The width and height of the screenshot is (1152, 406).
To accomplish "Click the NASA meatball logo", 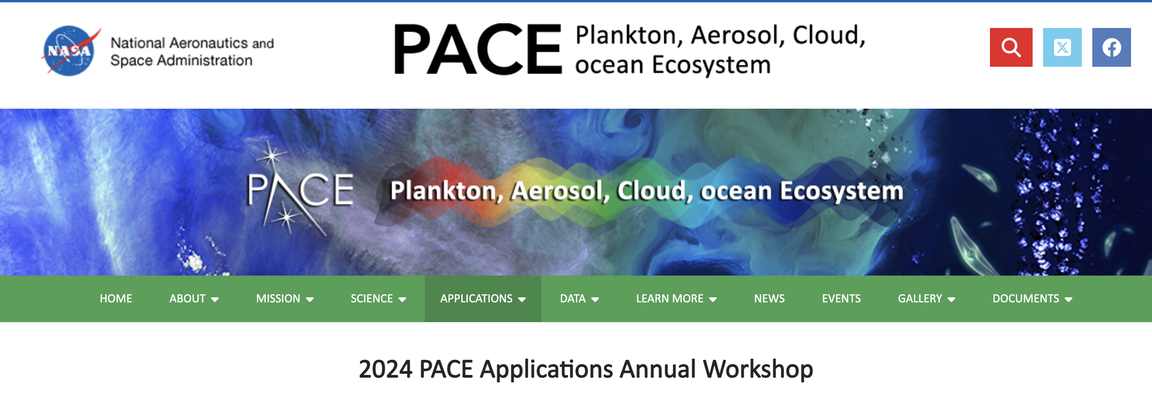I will pyautogui.click(x=69, y=50).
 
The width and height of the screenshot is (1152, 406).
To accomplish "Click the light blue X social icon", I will pyautogui.click(x=1062, y=47).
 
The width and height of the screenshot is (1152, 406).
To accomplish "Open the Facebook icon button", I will pyautogui.click(x=1111, y=47).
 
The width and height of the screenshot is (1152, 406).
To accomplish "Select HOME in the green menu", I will pyautogui.click(x=116, y=298).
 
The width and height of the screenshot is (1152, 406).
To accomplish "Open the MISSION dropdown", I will pyautogui.click(x=285, y=298).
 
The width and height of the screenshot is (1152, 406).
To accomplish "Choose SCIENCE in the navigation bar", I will pyautogui.click(x=378, y=298).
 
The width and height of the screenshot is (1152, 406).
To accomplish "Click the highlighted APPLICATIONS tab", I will pyautogui.click(x=483, y=298).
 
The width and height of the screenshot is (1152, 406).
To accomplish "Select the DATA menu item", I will pyautogui.click(x=579, y=298).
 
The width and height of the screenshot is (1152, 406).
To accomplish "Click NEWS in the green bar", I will pyautogui.click(x=769, y=298).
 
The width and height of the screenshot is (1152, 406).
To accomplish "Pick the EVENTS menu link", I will pyautogui.click(x=841, y=298).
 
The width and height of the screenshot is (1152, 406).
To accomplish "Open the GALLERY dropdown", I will pyautogui.click(x=926, y=298).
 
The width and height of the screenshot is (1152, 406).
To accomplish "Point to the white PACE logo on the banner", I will pyautogui.click(x=300, y=190).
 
